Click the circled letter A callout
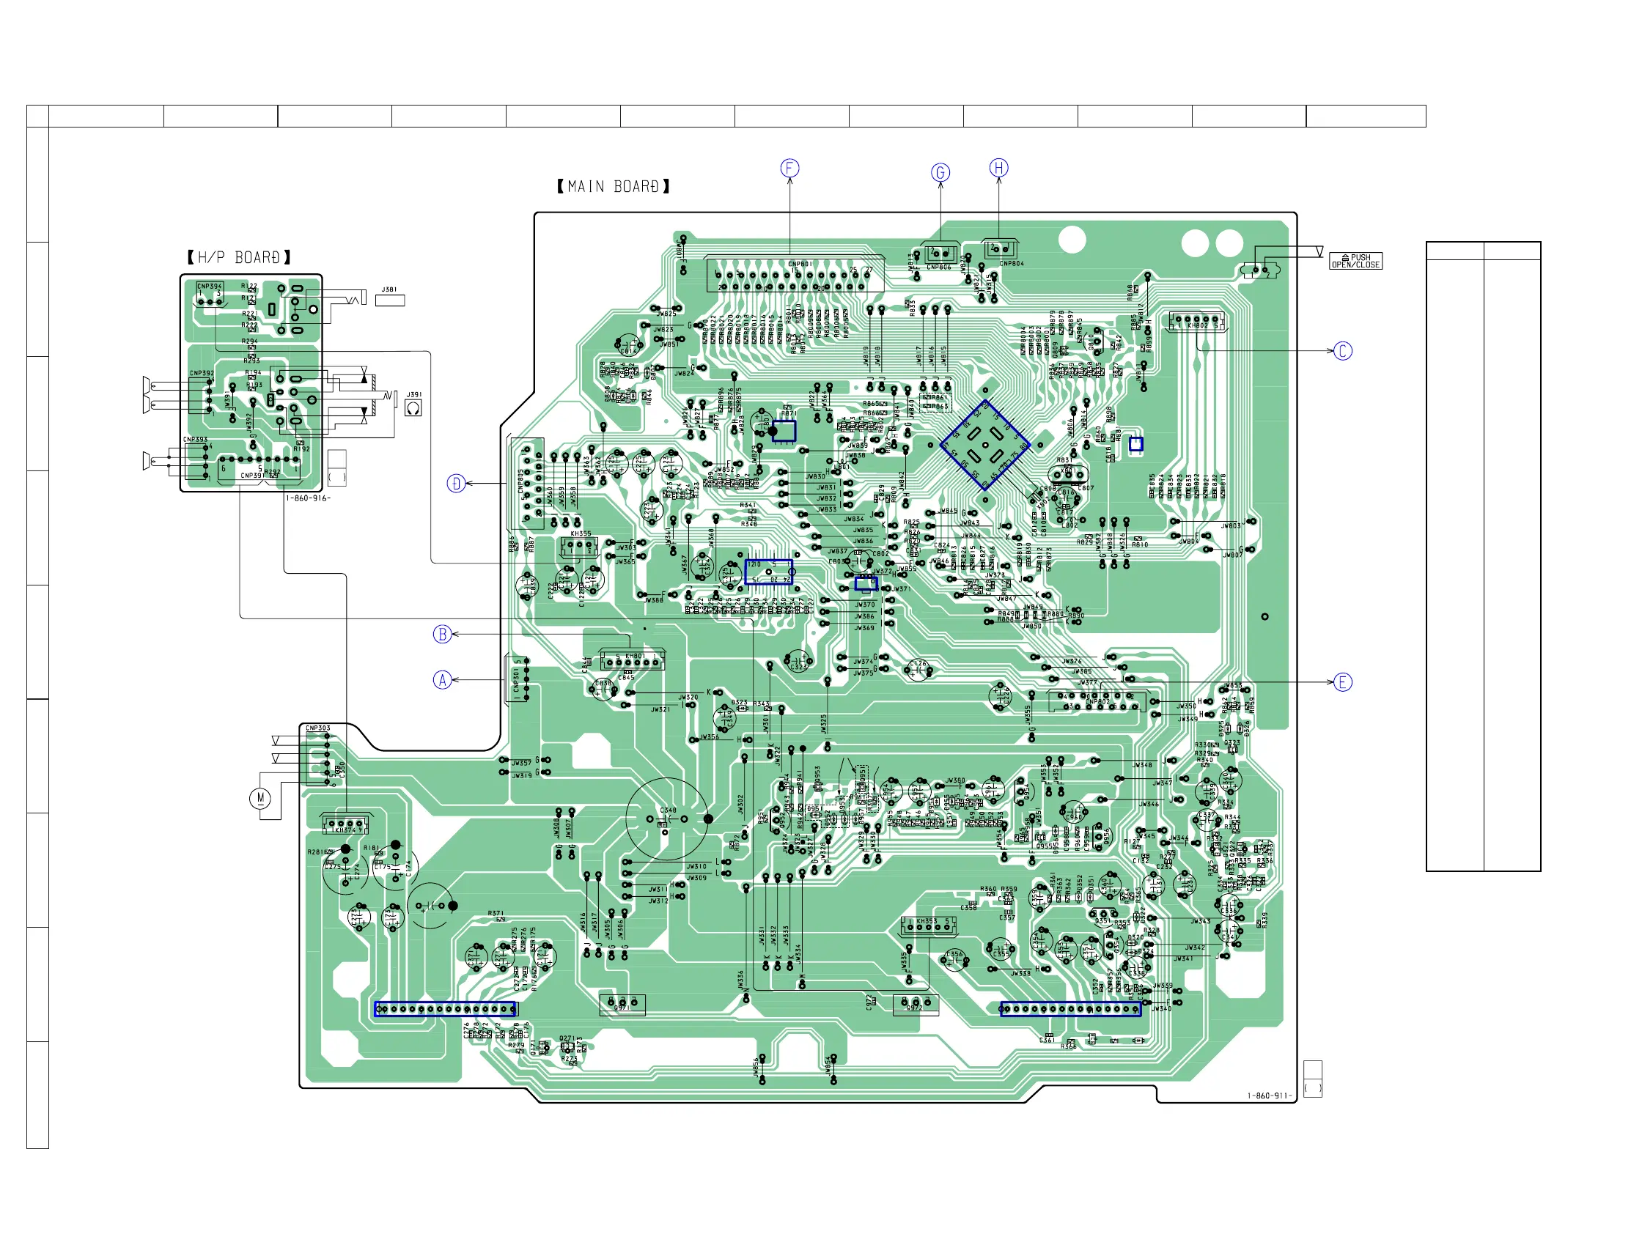tap(443, 680)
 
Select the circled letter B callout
tap(443, 635)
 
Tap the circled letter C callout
tap(1343, 351)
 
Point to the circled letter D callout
tap(456, 484)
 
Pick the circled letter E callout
tap(1343, 682)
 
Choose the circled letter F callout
tap(789, 169)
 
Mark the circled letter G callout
tap(940, 173)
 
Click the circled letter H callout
tap(999, 168)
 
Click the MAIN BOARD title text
tap(613, 187)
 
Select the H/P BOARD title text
tap(239, 257)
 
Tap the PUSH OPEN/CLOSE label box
tap(1355, 261)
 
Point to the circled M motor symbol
tap(259, 799)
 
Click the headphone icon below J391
tap(413, 408)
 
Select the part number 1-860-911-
tap(1270, 1096)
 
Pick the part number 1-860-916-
tap(308, 498)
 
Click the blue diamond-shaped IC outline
tap(985, 446)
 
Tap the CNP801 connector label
tap(800, 263)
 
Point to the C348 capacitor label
tap(668, 810)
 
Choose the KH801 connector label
tap(635, 656)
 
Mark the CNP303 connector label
tap(317, 728)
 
